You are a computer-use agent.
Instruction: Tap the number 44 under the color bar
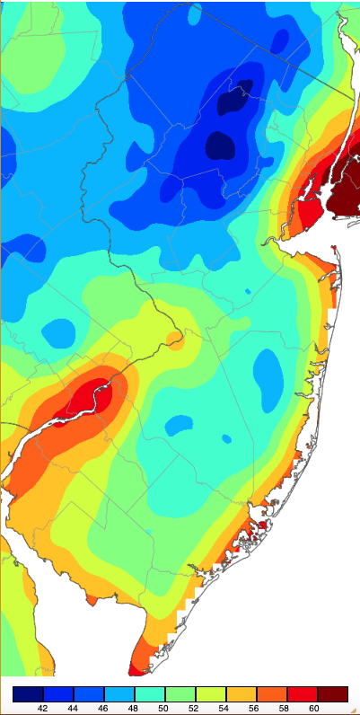point(73,708)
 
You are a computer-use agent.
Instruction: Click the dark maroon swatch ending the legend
point(332,693)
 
